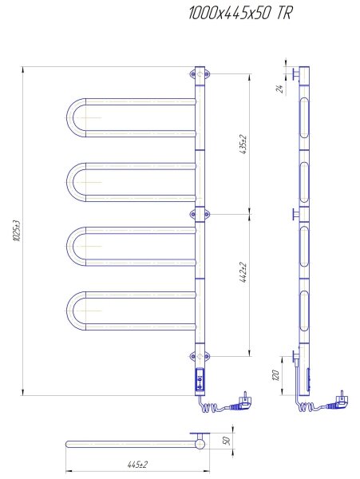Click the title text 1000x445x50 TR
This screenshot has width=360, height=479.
[240, 14]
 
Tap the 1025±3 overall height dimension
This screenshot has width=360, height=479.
[17, 231]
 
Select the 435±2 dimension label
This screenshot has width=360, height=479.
[244, 144]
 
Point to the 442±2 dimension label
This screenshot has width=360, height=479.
[244, 272]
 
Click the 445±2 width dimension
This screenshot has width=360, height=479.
[138, 465]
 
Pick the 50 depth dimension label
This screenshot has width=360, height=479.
[227, 441]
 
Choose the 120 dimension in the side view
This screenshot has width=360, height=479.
[275, 375]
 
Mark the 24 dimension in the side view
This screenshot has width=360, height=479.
[279, 89]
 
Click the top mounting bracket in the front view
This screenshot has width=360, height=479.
[200, 74]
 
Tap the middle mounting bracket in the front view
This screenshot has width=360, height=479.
[200, 214]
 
